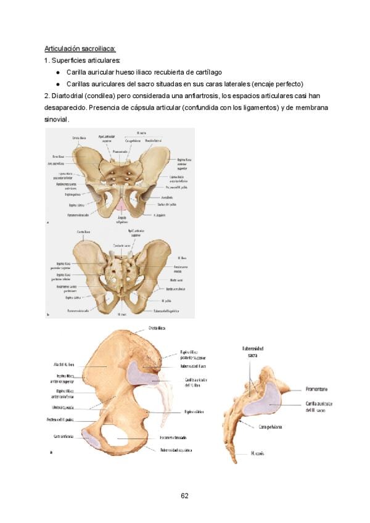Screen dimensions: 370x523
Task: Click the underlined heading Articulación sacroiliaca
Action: point(80,48)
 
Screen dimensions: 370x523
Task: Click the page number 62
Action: point(184,495)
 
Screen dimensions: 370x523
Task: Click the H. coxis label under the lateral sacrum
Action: point(258,453)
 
